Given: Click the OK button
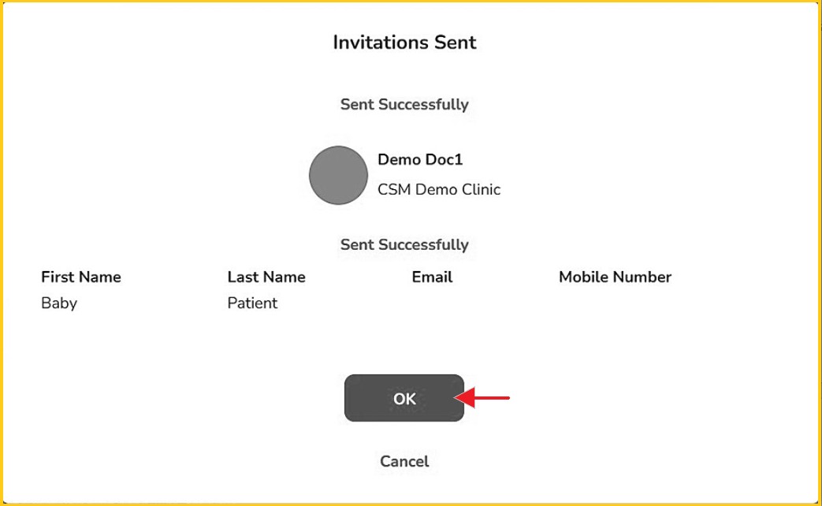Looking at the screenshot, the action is coord(404,398).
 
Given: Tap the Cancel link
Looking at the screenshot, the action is coord(404,461).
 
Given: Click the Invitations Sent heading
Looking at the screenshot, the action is coord(405,43).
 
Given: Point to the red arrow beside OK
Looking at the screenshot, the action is coord(482,398).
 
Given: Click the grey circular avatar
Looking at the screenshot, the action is coord(338,175).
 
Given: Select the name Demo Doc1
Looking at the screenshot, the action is coord(420,159).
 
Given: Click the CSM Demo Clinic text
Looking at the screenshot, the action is coord(439,189).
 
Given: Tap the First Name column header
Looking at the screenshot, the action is coord(81,277).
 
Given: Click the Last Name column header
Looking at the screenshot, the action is coord(266,277).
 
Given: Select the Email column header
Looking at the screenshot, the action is coord(432,277).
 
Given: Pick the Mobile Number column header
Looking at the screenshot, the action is coord(615,277).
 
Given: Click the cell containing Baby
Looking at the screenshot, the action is coord(59,303).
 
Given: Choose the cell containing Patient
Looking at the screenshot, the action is coord(252,303).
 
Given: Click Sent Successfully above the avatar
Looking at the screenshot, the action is coord(404,104).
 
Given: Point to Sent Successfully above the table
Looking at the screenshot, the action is coord(404,244).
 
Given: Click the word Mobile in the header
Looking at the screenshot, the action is coord(582,277).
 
